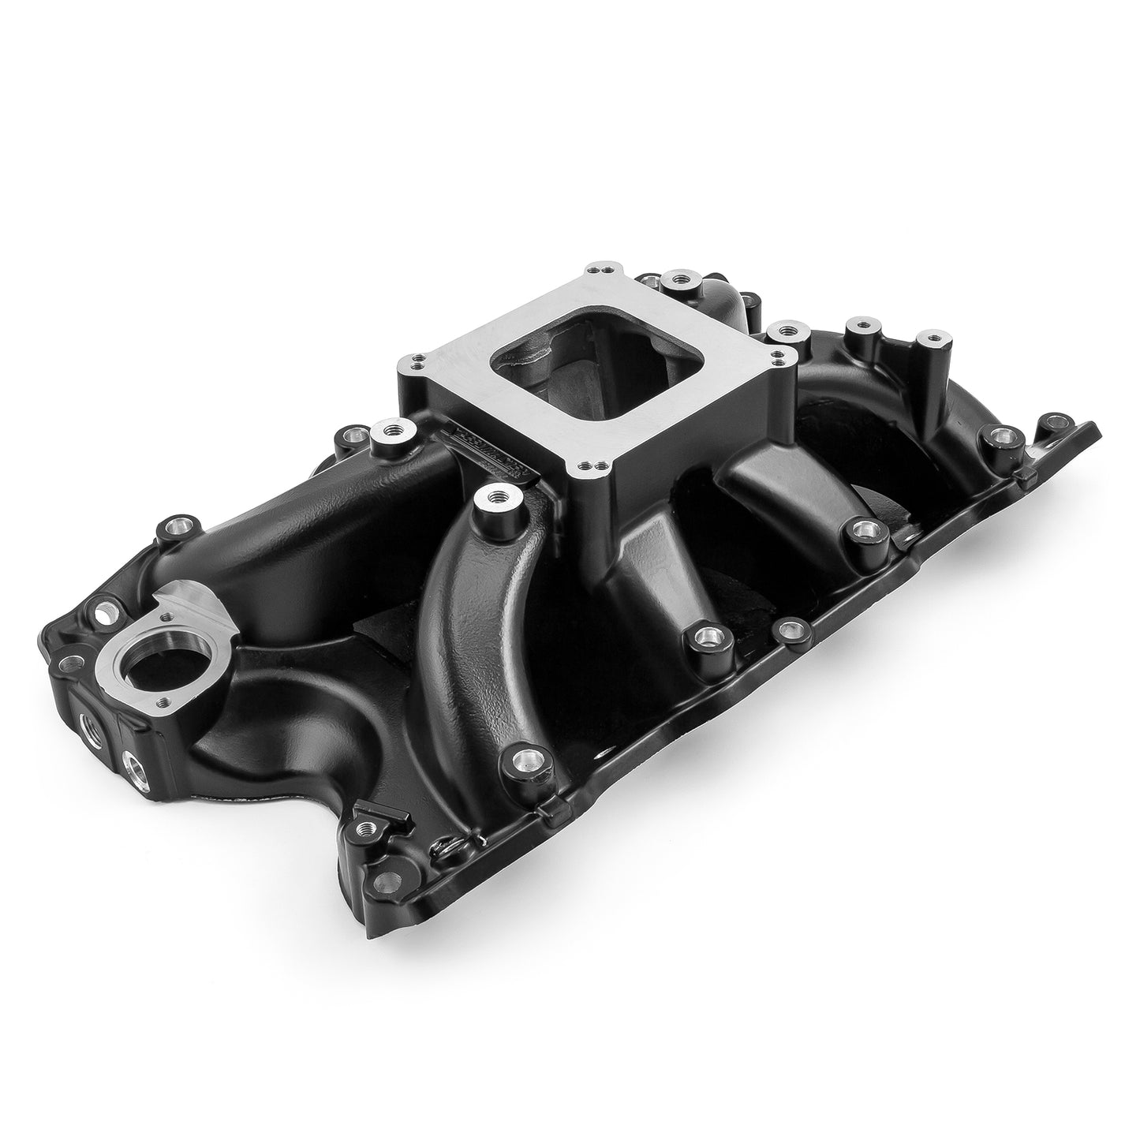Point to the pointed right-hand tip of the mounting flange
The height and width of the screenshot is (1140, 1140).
click(1093, 428)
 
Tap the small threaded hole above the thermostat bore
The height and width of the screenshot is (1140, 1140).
click(183, 599)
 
